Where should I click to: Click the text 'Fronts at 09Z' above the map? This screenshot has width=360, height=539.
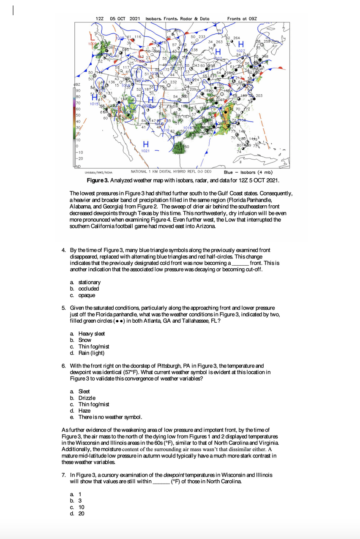click(x=242, y=19)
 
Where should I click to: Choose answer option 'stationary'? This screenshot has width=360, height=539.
click(x=89, y=282)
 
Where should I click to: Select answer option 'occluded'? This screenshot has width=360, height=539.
click(x=88, y=289)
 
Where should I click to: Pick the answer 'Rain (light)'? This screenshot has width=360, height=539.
click(x=91, y=353)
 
